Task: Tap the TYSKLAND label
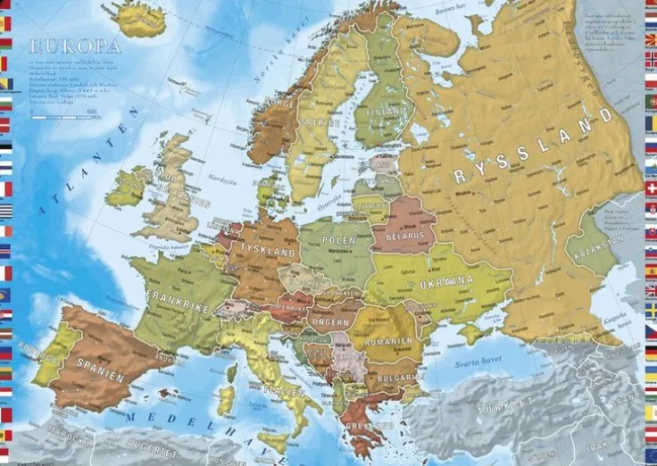[268, 253]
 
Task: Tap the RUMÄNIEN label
[388, 340]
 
